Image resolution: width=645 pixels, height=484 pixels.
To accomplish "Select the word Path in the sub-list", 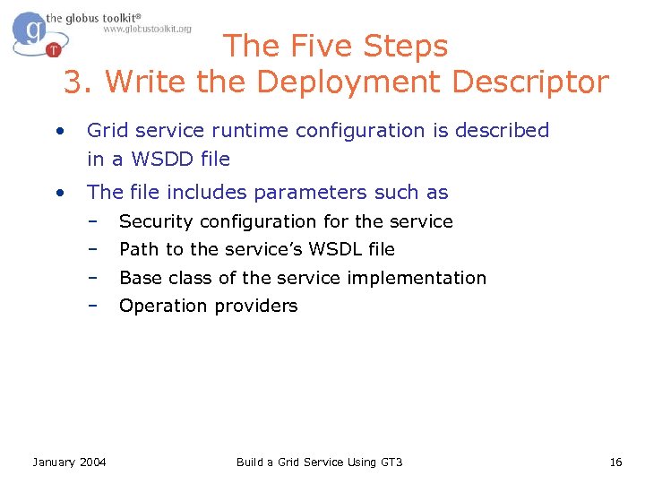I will coord(137,249).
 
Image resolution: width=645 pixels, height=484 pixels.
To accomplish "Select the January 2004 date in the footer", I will coord(69,462).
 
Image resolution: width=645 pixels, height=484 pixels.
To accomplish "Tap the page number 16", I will coord(615,462).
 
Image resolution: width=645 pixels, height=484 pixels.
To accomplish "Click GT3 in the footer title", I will coord(390,462).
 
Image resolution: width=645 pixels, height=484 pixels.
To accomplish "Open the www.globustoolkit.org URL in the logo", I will coord(147,30).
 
